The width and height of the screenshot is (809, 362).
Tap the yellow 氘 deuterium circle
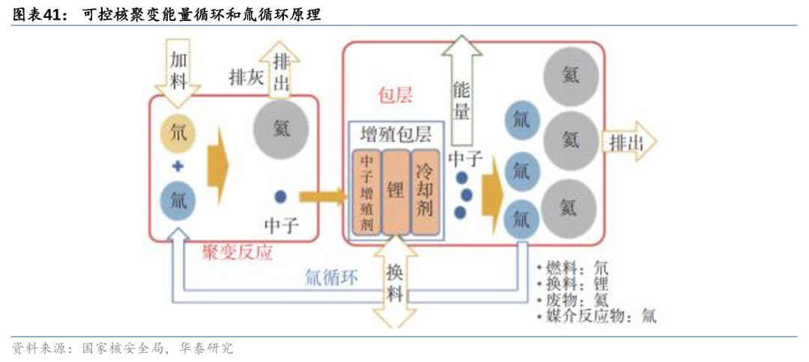pos(178,135)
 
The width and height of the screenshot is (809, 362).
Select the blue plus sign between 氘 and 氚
pos(178,167)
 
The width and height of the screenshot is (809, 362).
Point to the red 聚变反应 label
pos(237,253)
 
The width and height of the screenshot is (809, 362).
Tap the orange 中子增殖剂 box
pos(367,192)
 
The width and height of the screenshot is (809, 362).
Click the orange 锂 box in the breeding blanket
pos(395,192)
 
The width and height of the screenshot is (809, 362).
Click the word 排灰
pos(246,77)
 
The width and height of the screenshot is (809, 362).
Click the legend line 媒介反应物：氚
pos(597,316)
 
